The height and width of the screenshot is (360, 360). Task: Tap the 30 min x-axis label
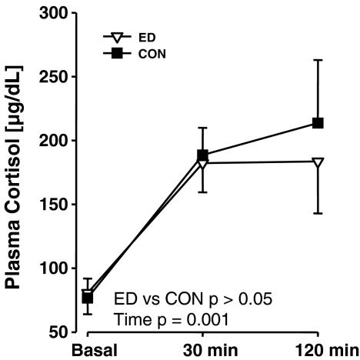[x=203, y=351]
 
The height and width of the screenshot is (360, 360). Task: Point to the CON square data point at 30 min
[x=203, y=155]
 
